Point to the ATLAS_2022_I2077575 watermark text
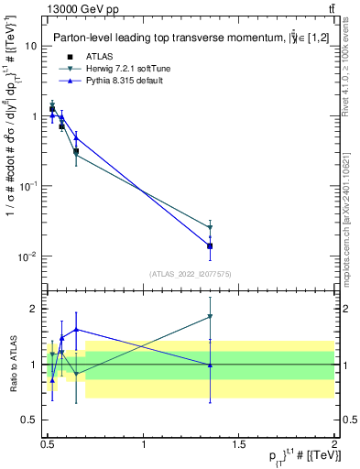tap(191, 274)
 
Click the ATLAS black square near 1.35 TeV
tap(211, 245)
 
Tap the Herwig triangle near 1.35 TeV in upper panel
tap(211, 227)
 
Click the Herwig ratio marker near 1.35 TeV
tap(211, 317)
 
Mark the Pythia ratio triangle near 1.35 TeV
tap(211, 365)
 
